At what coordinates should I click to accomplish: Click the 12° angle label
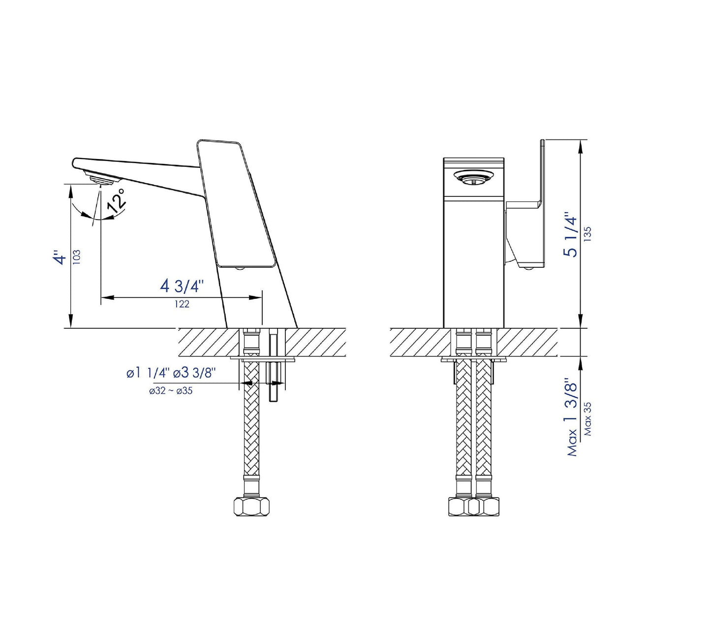[117, 200]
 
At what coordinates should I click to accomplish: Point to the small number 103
[76, 257]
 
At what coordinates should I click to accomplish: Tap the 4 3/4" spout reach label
[182, 286]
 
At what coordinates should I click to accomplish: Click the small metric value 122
[182, 304]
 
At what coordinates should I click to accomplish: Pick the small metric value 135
[587, 233]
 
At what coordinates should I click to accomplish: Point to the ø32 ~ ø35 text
[171, 391]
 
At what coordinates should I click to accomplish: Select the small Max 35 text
[587, 419]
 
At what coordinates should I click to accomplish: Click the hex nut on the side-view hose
[251, 506]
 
